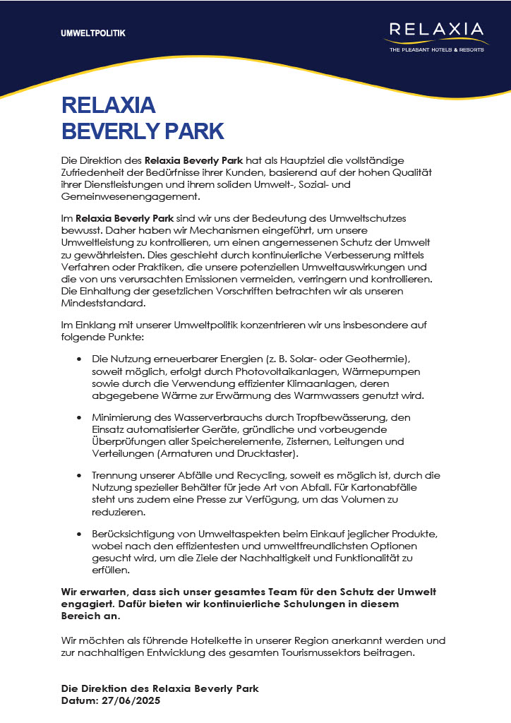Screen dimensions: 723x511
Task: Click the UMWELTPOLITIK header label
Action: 93,33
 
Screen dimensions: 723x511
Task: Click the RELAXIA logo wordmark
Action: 437,30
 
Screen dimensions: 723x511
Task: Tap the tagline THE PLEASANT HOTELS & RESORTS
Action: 437,49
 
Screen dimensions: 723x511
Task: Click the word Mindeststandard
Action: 104,303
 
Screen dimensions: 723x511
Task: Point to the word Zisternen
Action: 311,441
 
